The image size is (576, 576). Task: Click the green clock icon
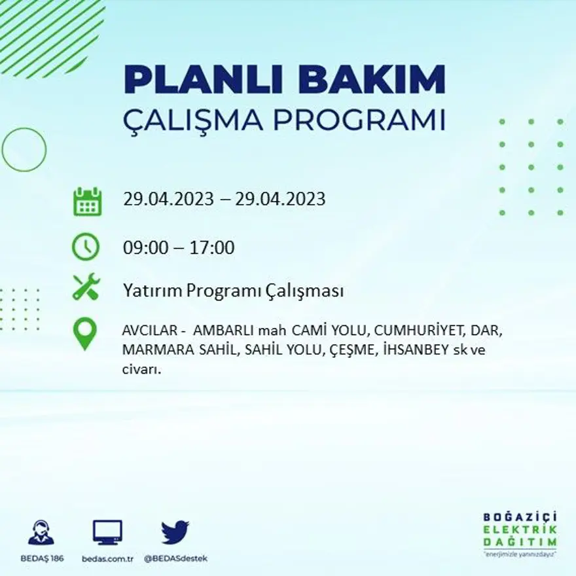click(86, 247)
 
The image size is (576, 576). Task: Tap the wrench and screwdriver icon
click(86, 287)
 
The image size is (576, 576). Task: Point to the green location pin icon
click(85, 334)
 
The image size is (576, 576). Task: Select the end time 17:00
click(211, 248)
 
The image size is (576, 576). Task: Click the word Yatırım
click(152, 291)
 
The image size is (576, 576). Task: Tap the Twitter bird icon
click(175, 531)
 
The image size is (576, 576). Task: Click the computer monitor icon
click(107, 531)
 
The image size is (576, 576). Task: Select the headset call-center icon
click(41, 531)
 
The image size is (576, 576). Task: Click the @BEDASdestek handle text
click(175, 558)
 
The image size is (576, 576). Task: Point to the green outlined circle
click(24, 149)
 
